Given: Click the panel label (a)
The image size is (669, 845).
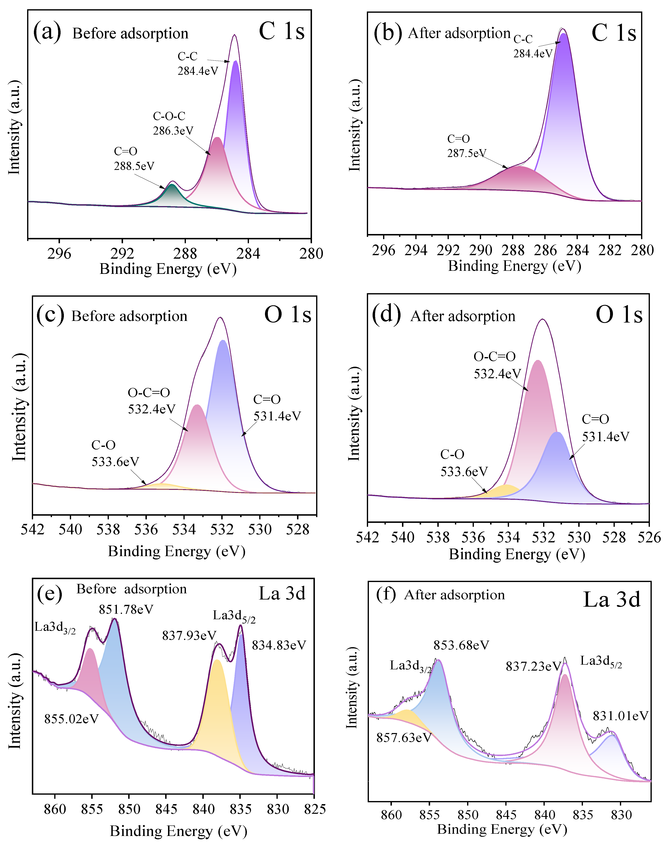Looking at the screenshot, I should coord(47,32).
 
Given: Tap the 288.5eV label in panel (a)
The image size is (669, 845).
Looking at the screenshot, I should coord(134,166).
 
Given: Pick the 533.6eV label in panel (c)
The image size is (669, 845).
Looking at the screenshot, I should coord(115,462).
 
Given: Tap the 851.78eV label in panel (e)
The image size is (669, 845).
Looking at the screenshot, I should coord(126,610).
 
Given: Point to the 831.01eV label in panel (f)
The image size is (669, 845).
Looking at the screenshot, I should coord(621,716).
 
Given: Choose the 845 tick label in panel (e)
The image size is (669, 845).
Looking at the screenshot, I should coord(166,809).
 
